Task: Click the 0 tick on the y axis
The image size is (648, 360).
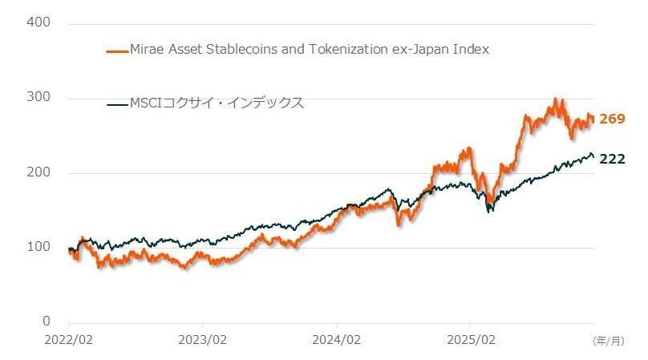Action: (x=46, y=322)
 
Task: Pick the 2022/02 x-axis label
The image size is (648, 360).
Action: (x=69, y=339)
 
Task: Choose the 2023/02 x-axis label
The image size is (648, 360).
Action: (x=203, y=339)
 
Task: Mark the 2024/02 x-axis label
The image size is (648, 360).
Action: (x=338, y=339)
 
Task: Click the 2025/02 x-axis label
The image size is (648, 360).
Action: (x=472, y=339)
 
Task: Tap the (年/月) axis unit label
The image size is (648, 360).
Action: (x=607, y=340)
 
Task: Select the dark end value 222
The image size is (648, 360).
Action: (x=613, y=159)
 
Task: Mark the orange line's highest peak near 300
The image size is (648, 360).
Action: (x=555, y=100)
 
